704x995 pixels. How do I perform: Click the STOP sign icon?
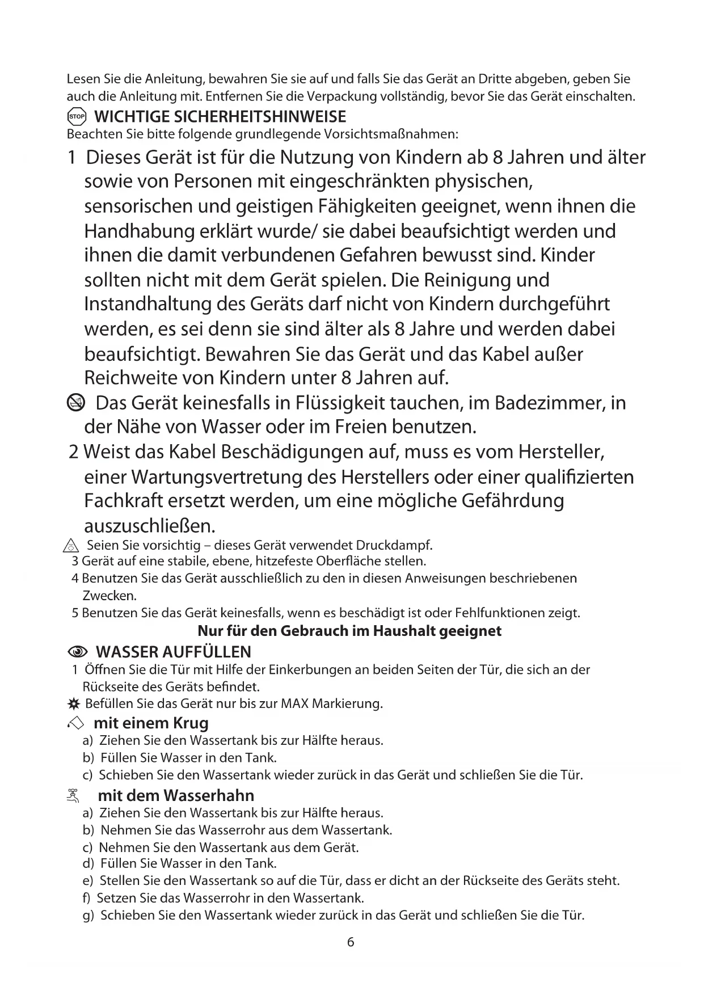[76, 117]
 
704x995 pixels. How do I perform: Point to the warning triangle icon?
[70, 546]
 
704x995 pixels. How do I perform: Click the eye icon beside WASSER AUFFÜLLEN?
[78, 651]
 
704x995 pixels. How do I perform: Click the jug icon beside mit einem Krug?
[75, 723]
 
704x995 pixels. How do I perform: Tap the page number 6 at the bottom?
[351, 942]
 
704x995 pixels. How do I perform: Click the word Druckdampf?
[394, 546]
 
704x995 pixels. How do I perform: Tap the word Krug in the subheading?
[190, 723]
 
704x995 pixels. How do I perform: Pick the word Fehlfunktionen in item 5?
[500, 613]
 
